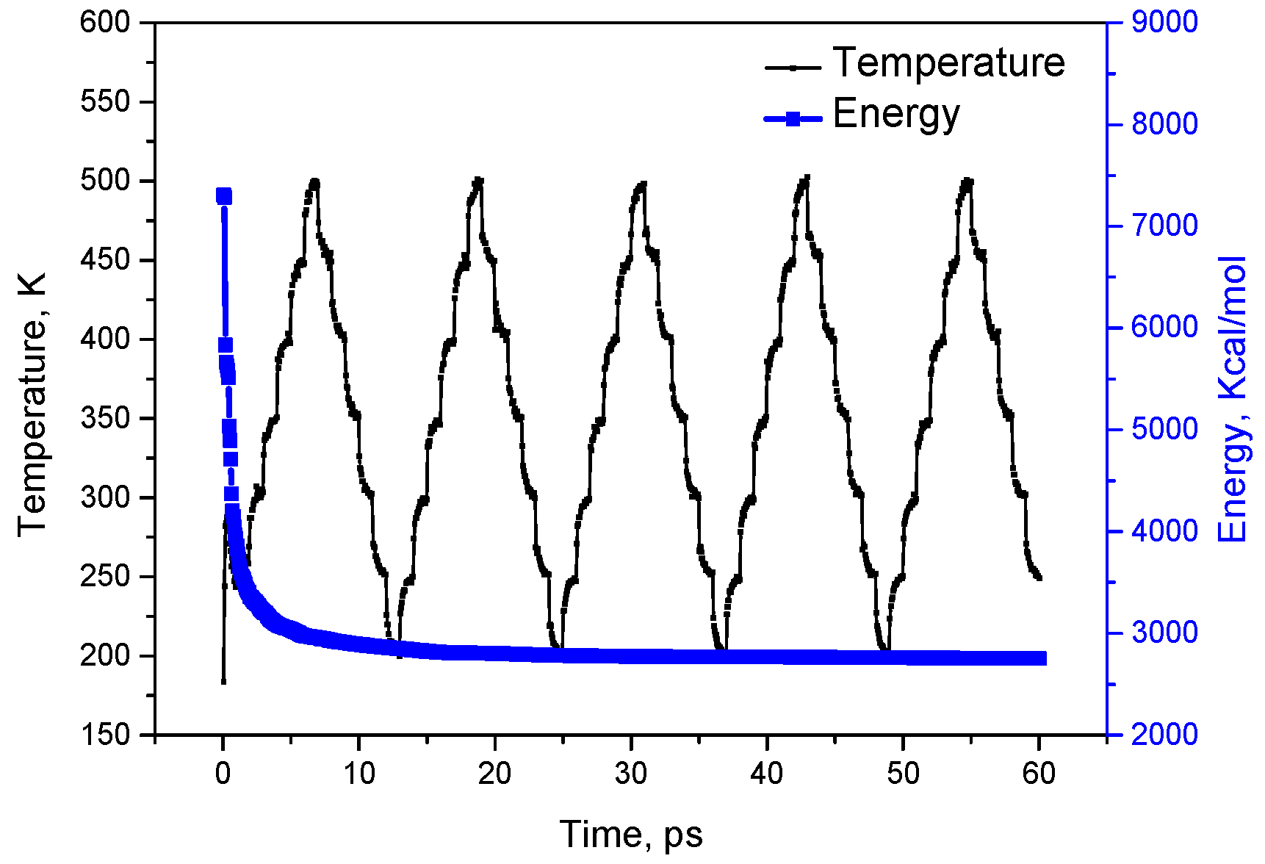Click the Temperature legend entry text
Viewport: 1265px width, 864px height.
pyautogui.click(x=948, y=63)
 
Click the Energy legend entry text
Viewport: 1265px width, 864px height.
pyautogui.click(x=895, y=115)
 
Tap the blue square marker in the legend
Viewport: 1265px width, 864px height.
pyautogui.click(x=793, y=118)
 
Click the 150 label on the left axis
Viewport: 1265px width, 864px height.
pyautogui.click(x=104, y=735)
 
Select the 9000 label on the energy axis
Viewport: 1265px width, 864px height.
pyautogui.click(x=1164, y=22)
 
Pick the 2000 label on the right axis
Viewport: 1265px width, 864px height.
pyautogui.click(x=1164, y=735)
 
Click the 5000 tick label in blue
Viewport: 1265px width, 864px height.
pyautogui.click(x=1164, y=429)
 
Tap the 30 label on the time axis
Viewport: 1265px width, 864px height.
pyautogui.click(x=630, y=774)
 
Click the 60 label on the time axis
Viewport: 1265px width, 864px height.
pyautogui.click(x=1039, y=774)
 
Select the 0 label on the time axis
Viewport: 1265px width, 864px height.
pyautogui.click(x=223, y=774)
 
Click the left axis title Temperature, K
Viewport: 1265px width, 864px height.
pyautogui.click(x=32, y=404)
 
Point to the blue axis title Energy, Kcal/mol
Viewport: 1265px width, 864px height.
pyautogui.click(x=1233, y=400)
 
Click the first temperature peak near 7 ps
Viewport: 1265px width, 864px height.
pyautogui.click(x=315, y=181)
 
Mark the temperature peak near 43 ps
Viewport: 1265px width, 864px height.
pyautogui.click(x=807, y=179)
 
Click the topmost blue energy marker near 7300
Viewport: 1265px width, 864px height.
pyautogui.click(x=224, y=196)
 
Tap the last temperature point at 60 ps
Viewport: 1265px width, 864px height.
pyautogui.click(x=1039, y=578)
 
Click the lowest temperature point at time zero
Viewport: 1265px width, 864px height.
pyautogui.click(x=223, y=682)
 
